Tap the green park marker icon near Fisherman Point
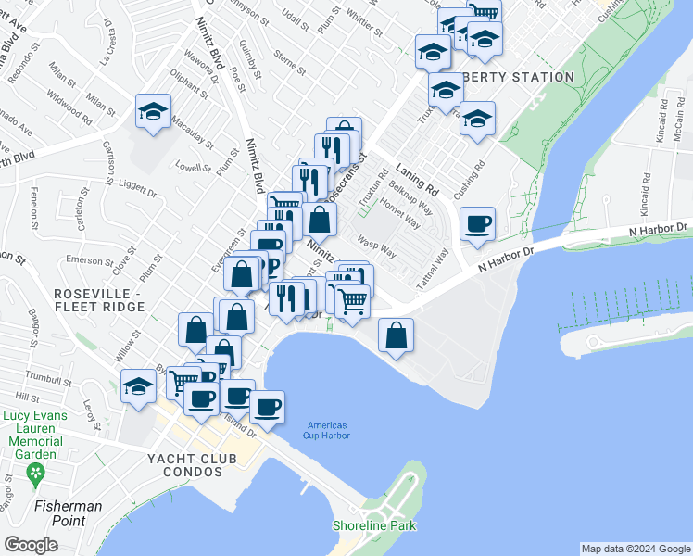pos(36,476)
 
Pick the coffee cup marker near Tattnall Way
pos(477,225)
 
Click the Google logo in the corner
pos(31,545)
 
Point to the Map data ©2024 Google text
pos(636,549)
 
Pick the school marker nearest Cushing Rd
pos(478,120)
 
